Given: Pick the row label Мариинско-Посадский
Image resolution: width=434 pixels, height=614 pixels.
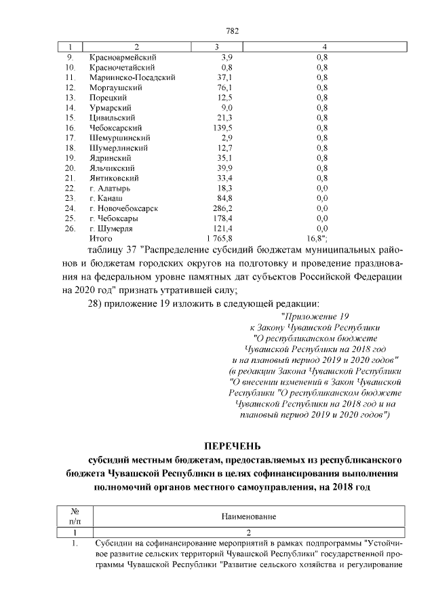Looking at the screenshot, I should click(132, 78).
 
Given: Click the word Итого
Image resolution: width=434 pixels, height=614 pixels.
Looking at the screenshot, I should click(100, 238).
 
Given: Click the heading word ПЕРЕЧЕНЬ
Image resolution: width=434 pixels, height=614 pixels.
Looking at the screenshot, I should click(233, 446).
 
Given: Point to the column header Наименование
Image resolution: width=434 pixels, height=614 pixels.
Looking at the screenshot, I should click(249, 517).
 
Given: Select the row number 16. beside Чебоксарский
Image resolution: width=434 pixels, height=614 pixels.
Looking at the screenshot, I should click(69, 128).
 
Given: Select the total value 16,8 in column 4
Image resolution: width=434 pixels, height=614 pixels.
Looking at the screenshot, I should click(319, 238).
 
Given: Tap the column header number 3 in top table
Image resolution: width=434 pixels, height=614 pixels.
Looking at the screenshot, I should click(216, 47).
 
